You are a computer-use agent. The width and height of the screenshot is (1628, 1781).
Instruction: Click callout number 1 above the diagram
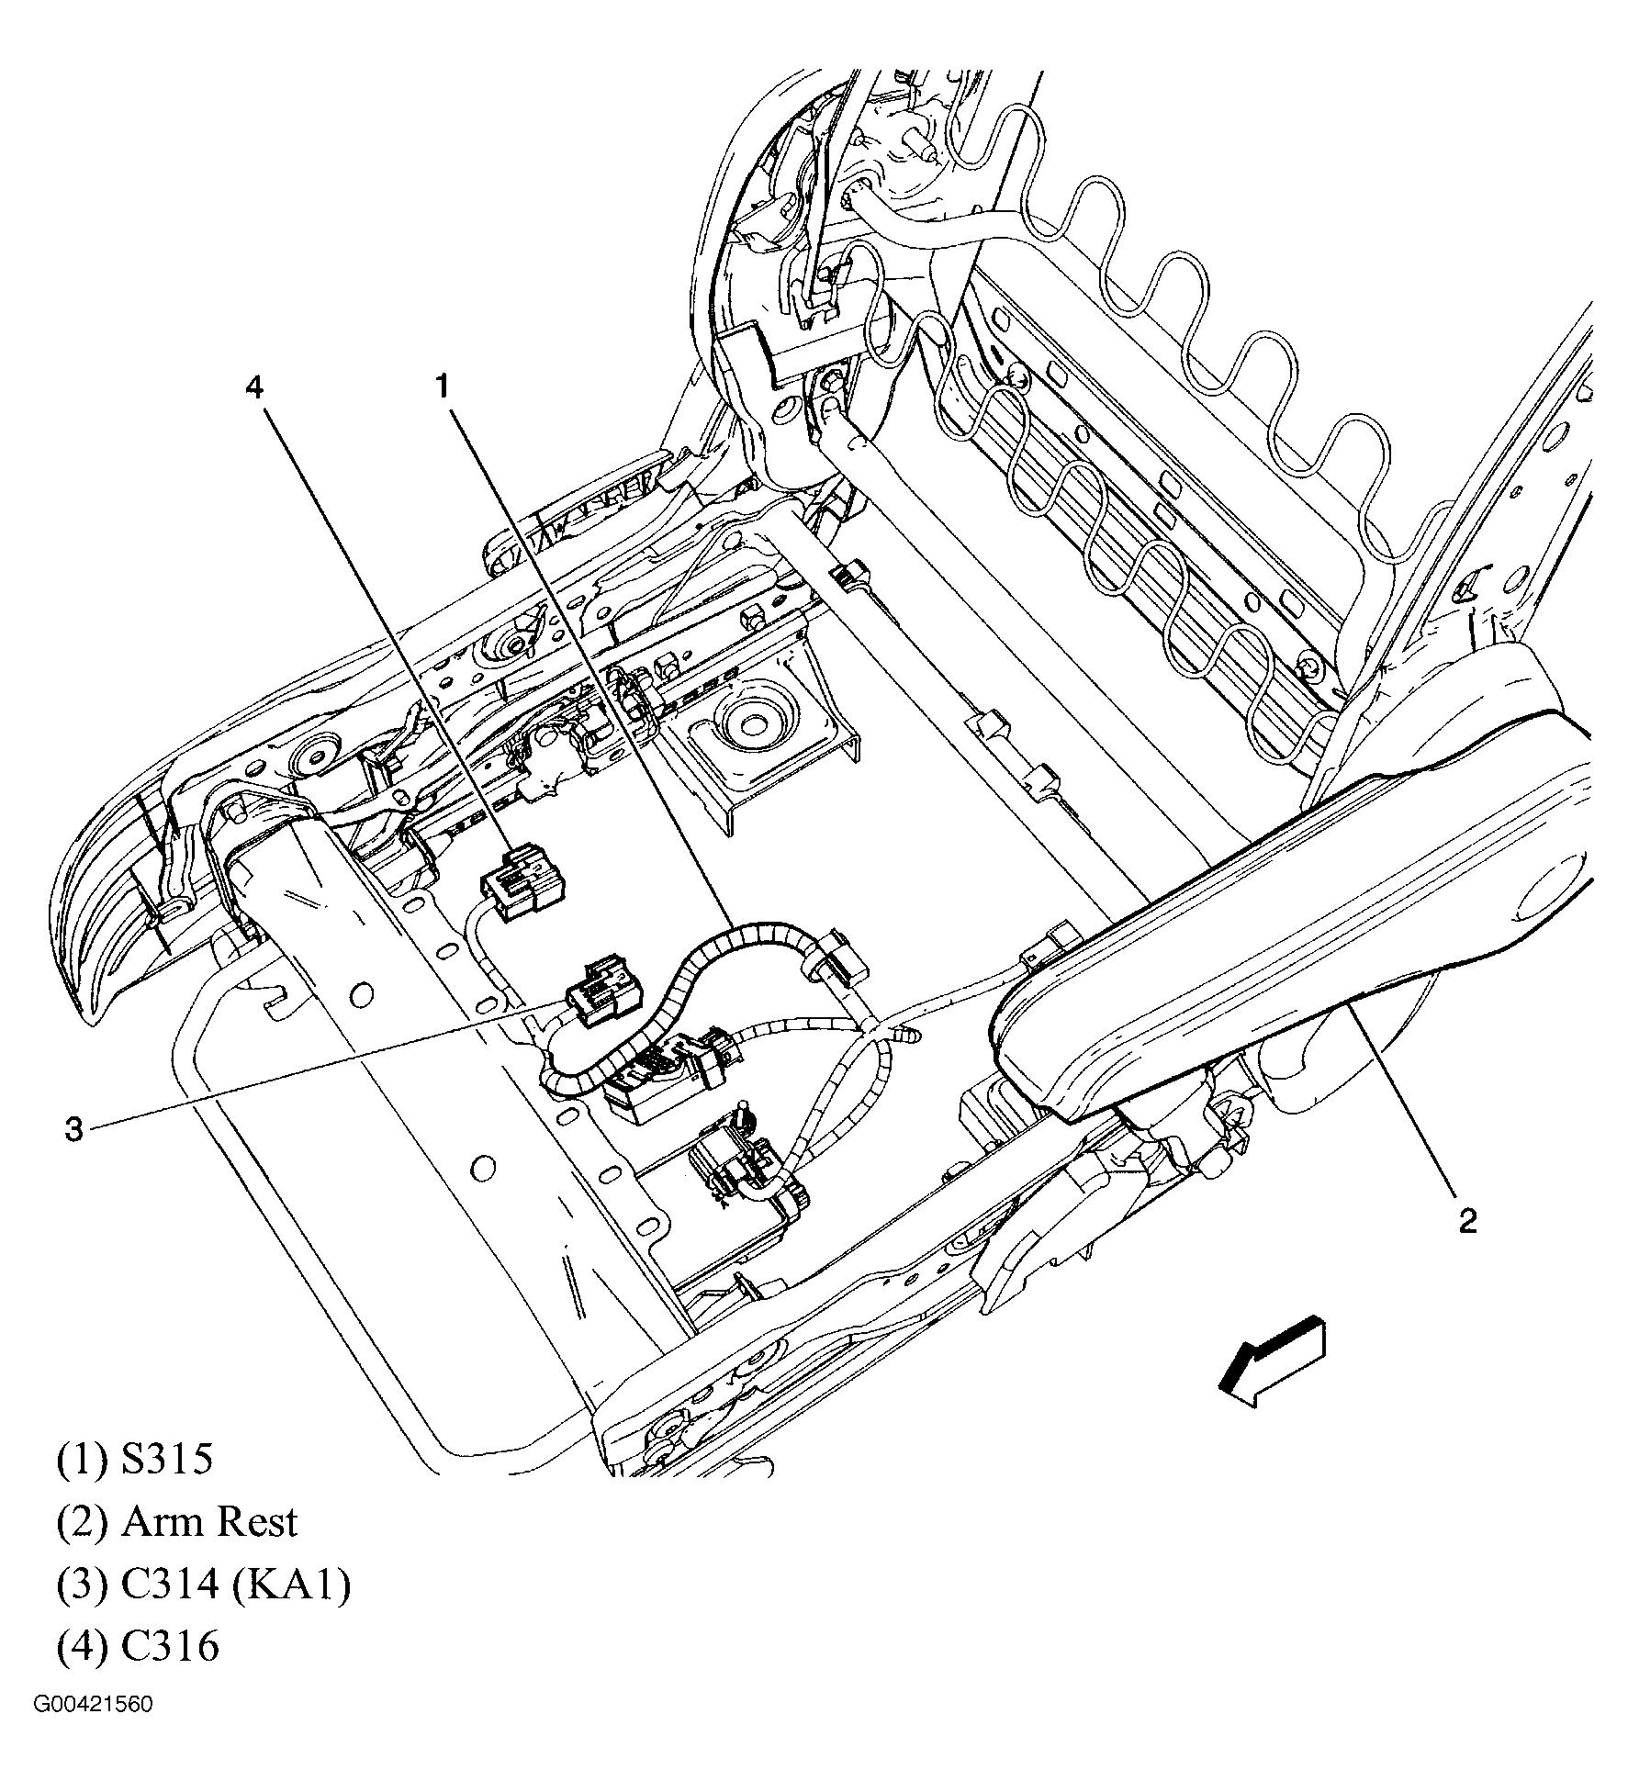tap(443, 387)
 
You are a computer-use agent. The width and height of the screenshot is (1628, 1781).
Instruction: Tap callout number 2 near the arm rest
tap(1467, 1221)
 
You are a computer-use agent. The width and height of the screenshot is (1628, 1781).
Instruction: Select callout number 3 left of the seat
tap(73, 1129)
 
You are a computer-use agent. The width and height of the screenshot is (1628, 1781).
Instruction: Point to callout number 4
tap(253, 387)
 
